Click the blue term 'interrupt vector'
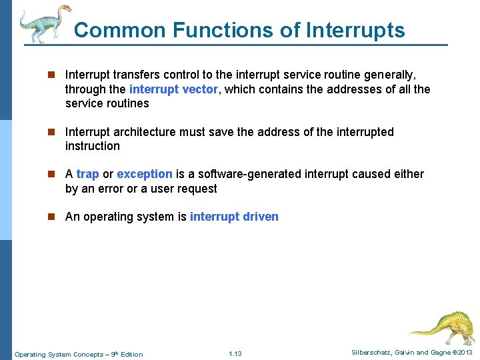coord(173,89)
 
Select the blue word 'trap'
coord(87,174)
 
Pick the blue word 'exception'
coord(144,174)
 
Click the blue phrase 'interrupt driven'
coord(234,217)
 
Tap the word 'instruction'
coord(92,146)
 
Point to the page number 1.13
coord(235,353)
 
